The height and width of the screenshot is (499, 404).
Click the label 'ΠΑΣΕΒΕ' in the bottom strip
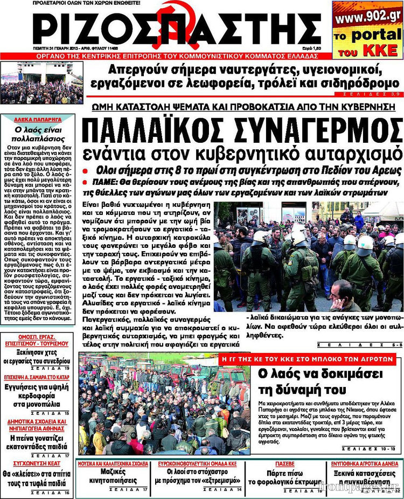285,463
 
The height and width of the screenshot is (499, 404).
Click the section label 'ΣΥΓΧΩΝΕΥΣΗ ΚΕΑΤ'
36,462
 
